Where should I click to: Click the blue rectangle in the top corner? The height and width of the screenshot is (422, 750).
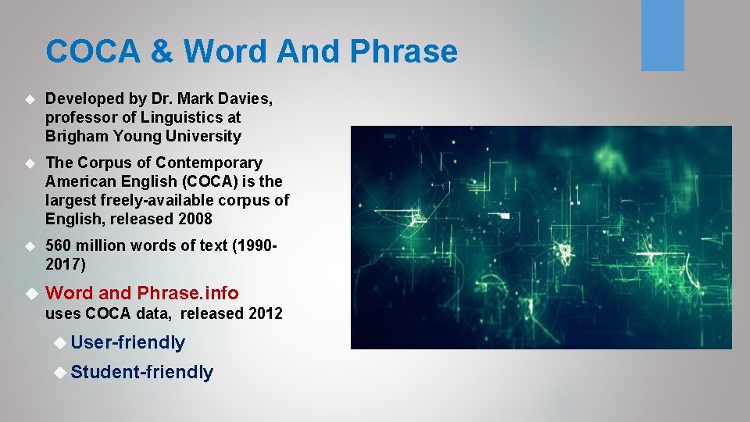662,35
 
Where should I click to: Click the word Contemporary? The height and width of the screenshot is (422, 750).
209,163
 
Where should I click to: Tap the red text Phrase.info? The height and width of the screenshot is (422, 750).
187,293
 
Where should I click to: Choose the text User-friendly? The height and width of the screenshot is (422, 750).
127,342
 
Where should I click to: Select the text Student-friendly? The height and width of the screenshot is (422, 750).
141,372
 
